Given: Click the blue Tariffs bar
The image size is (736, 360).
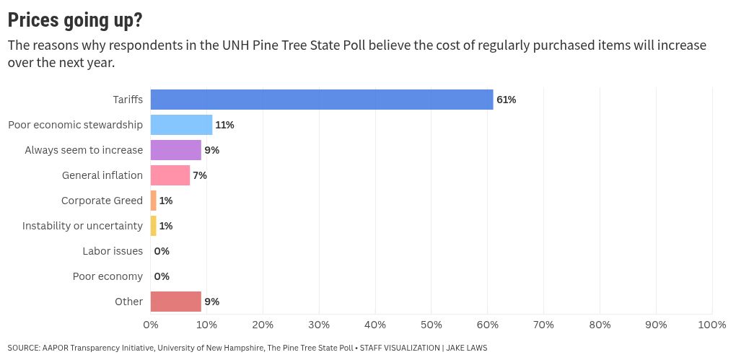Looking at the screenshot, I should [321, 100].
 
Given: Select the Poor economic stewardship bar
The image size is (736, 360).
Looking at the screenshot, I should [181, 125].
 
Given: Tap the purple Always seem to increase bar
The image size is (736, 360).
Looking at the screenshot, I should [175, 150].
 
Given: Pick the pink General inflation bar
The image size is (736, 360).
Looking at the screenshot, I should [170, 175].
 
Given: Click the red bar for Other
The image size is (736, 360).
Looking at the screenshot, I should [175, 302].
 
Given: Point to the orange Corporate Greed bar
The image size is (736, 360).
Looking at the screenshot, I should [153, 201].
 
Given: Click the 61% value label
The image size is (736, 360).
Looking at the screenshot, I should [506, 100].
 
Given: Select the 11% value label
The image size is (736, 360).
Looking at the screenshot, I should [224, 125].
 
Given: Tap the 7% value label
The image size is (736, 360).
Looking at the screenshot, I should [200, 175].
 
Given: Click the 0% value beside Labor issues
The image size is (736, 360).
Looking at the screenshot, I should [162, 251].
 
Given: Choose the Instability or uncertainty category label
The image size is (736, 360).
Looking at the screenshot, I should [82, 226].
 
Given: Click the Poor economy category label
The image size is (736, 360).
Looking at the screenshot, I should [108, 276].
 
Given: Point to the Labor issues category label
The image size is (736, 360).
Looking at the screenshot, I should [113, 251].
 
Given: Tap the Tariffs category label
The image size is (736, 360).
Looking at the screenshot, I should [128, 100].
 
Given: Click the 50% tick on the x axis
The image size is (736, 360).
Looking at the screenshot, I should [431, 325].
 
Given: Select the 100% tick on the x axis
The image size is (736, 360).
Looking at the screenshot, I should [711, 325].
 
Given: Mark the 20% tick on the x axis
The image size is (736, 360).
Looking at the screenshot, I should [263, 325].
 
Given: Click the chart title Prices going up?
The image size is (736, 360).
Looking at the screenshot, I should [75, 20].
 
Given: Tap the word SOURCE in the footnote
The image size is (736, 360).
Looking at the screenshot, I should [23, 348].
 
